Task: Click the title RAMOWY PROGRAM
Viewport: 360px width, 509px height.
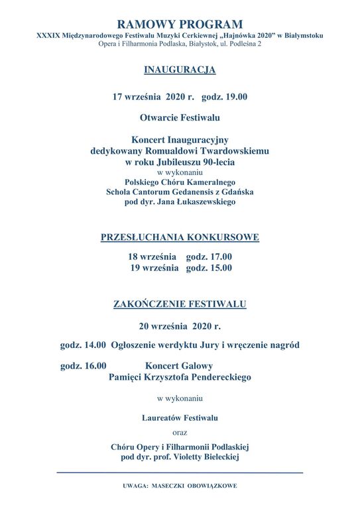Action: pos(180,25)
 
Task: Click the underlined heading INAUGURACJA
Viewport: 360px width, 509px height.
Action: pos(180,69)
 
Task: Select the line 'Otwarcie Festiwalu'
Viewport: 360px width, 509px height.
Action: pos(180,118)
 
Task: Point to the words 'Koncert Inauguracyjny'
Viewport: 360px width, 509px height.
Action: pos(180,141)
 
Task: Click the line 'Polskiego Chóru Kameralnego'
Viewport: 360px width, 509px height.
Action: pos(180,182)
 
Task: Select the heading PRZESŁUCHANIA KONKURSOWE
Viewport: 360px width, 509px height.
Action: pos(180,237)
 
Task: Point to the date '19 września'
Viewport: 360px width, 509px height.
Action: pos(154,268)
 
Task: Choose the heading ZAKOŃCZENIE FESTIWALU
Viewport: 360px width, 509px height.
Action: pos(180,304)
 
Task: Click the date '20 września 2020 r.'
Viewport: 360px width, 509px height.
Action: pos(180,326)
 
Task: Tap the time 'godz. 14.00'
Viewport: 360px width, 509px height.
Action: pos(83,345)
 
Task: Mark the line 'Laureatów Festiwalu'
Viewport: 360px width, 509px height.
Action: pos(180,418)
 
